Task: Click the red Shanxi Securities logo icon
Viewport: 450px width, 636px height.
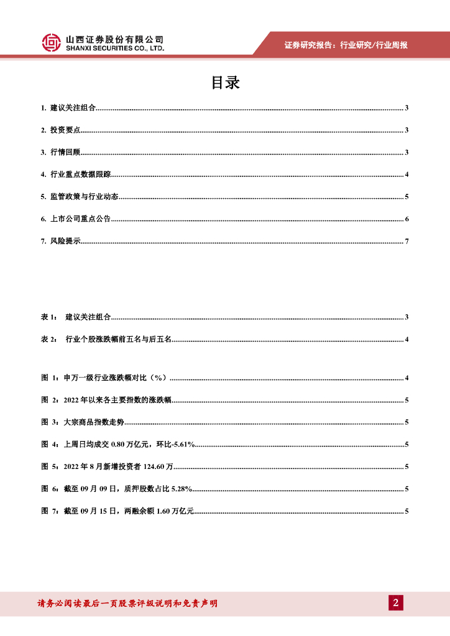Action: click(x=52, y=42)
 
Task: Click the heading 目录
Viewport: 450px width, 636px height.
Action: click(x=225, y=83)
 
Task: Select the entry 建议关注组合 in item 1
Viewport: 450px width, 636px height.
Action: click(x=73, y=108)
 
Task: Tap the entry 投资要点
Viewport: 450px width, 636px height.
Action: click(x=65, y=130)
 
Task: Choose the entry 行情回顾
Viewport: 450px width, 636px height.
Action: click(x=65, y=153)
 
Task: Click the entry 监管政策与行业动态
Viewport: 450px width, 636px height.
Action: click(x=85, y=197)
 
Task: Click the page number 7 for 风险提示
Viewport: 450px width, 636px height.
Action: click(x=406, y=241)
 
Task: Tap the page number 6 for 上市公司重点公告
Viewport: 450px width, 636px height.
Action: click(x=406, y=219)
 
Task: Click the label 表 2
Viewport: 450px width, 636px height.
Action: click(x=49, y=339)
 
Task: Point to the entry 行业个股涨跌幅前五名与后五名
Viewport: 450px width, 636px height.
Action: click(x=119, y=339)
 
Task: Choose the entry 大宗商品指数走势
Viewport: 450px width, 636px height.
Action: click(x=93, y=422)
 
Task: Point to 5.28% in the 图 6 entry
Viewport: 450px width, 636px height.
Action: click(x=179, y=489)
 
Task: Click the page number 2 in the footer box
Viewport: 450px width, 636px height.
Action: click(x=395, y=602)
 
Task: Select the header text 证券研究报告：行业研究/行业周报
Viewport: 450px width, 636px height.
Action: click(x=346, y=45)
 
